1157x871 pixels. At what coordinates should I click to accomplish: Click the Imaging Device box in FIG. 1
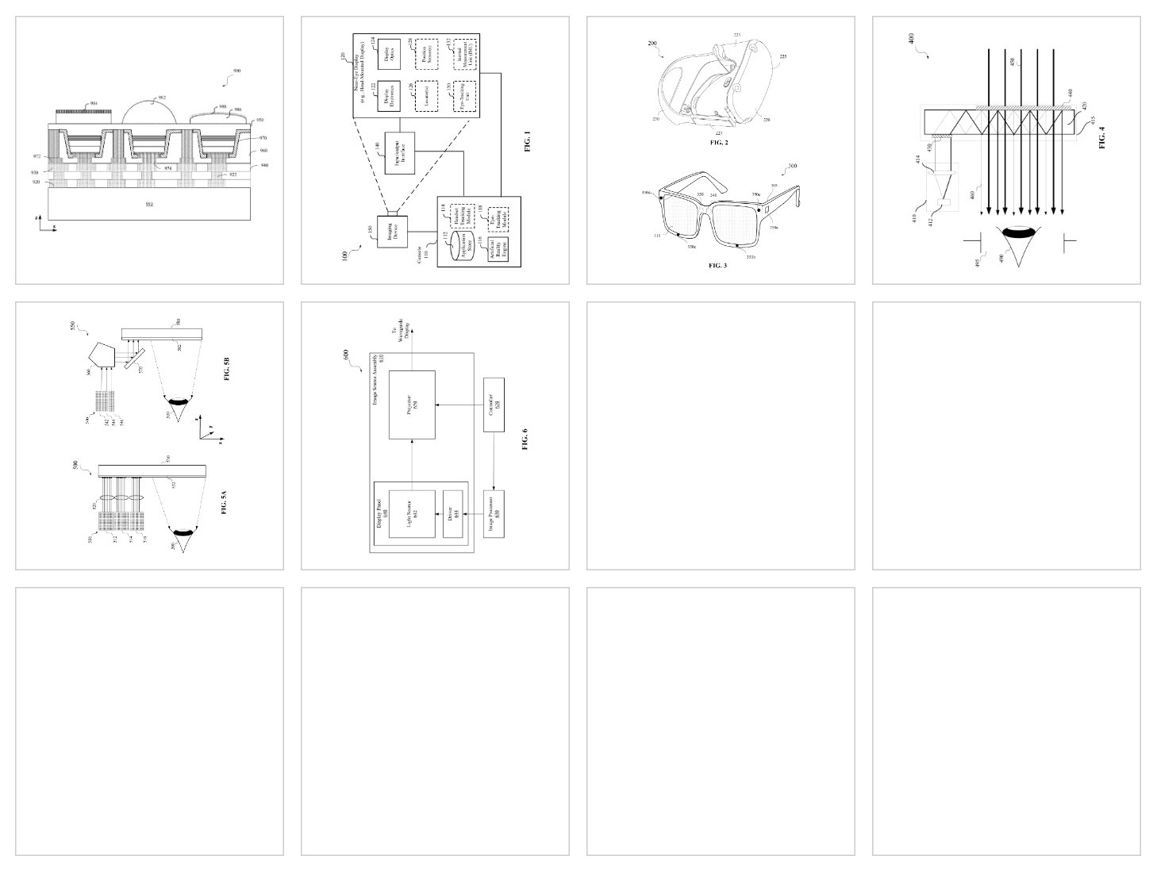click(x=392, y=231)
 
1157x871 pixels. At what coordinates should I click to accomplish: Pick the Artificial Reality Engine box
click(x=498, y=251)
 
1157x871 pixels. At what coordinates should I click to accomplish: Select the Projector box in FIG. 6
click(x=412, y=405)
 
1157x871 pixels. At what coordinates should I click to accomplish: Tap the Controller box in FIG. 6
click(x=494, y=405)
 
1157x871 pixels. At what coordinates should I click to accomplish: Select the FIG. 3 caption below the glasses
click(x=717, y=266)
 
